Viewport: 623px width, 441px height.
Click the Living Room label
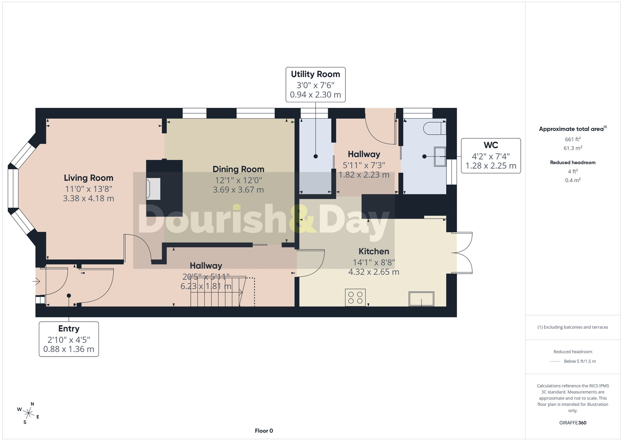pyautogui.click(x=88, y=178)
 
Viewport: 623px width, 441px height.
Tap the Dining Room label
pyautogui.click(x=238, y=169)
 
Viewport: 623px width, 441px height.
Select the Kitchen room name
pyautogui.click(x=374, y=251)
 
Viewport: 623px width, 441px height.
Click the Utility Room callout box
pyautogui.click(x=316, y=84)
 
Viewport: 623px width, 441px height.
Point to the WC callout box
pyautogui.click(x=491, y=156)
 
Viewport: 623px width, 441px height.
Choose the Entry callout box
pyautogui.click(x=69, y=339)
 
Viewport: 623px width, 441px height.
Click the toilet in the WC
pyautogui.click(x=435, y=128)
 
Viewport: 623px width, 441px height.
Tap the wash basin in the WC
pyautogui.click(x=440, y=157)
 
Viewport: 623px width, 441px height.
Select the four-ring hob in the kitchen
pyautogui.click(x=355, y=297)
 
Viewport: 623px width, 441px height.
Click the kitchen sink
pyautogui.click(x=421, y=299)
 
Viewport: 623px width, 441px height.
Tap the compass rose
pyautogui.click(x=28, y=413)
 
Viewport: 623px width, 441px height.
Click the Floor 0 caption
pyautogui.click(x=264, y=431)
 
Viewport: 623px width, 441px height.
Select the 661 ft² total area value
pyautogui.click(x=573, y=139)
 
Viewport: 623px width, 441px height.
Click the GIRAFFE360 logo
pyautogui.click(x=573, y=423)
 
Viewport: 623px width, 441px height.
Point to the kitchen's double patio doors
pyautogui.click(x=462, y=253)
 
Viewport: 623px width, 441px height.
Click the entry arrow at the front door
pyautogui.click(x=36, y=281)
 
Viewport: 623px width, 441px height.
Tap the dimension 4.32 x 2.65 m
pyautogui.click(x=374, y=272)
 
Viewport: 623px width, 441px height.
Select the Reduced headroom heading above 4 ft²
pyautogui.click(x=573, y=162)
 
